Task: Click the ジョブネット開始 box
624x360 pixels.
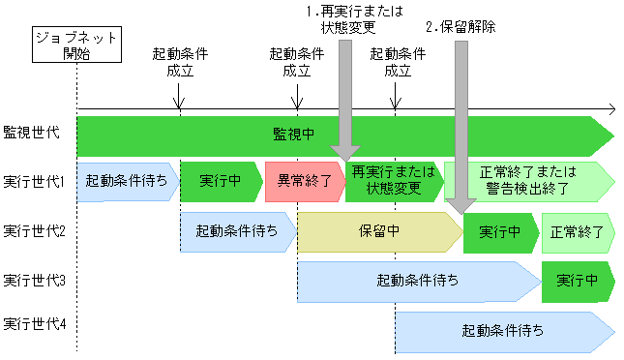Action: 75,45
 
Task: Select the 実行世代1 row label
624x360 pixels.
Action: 34,181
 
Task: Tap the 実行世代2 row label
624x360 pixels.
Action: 34,231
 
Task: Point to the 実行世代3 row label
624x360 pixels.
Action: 34,281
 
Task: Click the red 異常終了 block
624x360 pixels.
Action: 303,181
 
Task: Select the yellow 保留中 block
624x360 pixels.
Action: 379,232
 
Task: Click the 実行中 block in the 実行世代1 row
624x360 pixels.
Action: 220,181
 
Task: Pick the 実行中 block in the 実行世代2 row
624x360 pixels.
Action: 500,232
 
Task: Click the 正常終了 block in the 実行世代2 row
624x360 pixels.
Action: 578,232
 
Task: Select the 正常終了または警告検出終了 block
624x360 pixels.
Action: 528,181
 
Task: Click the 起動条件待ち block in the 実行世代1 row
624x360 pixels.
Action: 126,181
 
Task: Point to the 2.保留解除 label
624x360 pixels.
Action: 461,27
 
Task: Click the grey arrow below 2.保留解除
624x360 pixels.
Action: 461,126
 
